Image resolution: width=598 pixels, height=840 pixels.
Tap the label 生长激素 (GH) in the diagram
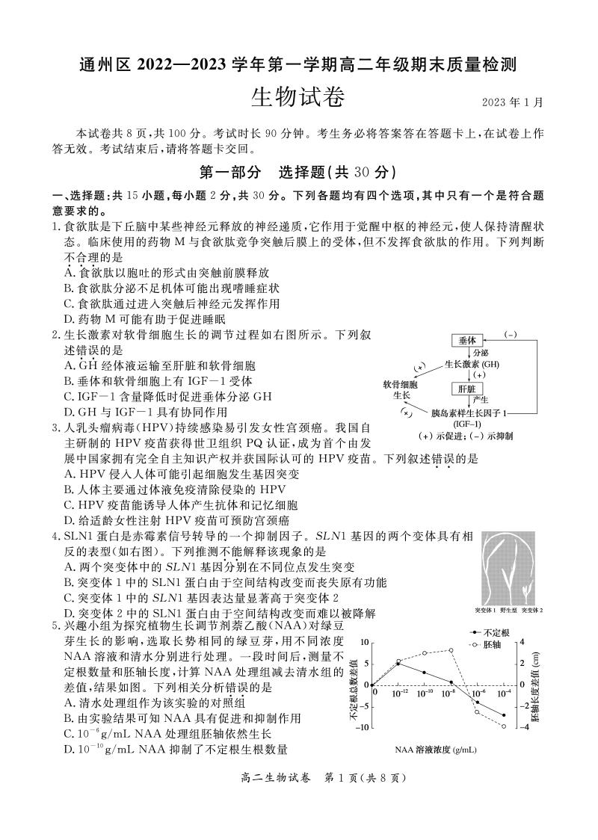(472, 364)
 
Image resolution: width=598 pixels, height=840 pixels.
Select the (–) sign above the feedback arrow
(511, 335)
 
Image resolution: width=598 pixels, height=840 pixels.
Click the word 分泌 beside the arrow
(481, 352)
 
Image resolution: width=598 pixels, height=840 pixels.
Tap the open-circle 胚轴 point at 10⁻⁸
(451, 650)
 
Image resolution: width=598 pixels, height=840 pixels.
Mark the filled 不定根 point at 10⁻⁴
(504, 715)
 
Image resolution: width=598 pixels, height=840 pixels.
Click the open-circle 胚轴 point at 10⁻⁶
(477, 711)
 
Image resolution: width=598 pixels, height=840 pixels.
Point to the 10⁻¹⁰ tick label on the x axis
(425, 694)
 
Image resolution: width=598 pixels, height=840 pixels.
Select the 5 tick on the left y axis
(366, 663)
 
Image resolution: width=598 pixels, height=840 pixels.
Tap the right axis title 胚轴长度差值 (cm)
(535, 684)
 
